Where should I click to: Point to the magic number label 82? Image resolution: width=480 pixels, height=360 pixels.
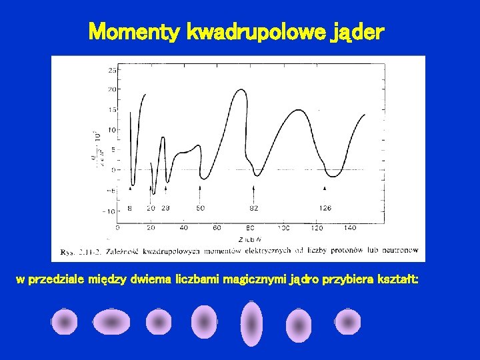point(253,208)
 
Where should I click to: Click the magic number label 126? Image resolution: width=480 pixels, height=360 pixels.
point(325,208)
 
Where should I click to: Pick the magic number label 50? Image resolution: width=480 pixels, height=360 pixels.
point(200,208)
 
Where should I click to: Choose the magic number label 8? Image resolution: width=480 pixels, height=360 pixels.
point(130,208)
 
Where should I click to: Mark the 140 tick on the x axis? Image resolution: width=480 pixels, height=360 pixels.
point(349,227)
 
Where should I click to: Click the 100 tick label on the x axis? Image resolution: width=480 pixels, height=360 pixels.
point(284,227)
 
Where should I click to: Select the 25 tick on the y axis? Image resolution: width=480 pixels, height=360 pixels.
point(112,70)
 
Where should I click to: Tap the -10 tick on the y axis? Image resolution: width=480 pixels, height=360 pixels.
point(111,211)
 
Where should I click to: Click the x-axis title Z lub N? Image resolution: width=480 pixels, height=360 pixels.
point(249,238)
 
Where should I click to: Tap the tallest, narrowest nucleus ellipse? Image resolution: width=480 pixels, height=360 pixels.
point(251,324)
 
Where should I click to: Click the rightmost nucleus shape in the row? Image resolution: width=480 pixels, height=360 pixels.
point(347,321)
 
